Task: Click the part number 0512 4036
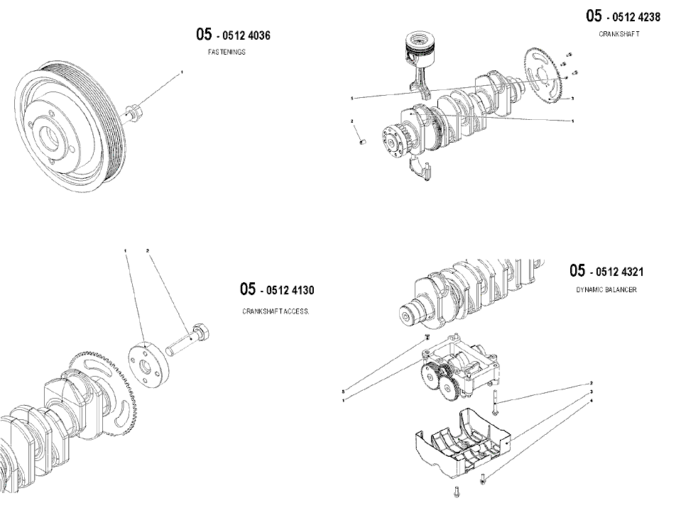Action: [246, 35]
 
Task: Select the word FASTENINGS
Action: [227, 52]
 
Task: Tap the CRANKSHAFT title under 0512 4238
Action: [619, 34]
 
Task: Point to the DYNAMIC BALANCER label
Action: [606, 290]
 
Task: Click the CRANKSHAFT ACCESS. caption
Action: [276, 311]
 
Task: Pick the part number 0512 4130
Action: [290, 290]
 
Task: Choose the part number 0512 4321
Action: [619, 272]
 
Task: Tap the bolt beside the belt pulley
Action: [133, 113]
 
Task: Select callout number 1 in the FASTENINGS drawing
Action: [182, 72]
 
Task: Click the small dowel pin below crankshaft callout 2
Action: [363, 141]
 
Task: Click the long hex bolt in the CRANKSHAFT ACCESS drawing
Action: [188, 340]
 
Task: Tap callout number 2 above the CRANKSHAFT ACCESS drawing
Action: [148, 250]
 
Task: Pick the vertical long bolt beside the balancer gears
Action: [495, 401]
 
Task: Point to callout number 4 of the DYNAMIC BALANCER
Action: [591, 401]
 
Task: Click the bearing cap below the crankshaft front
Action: [420, 168]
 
